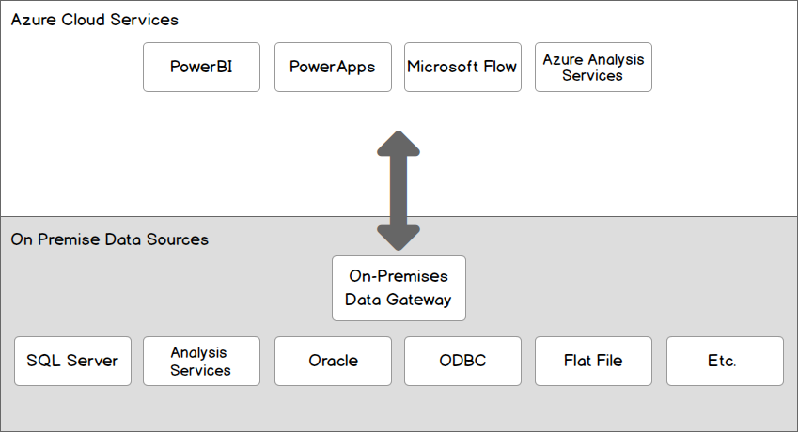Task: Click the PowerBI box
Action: (201, 67)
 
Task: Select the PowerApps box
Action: (333, 67)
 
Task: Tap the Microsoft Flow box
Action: (462, 67)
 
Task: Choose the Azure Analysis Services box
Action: (593, 67)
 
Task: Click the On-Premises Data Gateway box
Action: (399, 288)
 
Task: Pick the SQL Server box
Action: (72, 361)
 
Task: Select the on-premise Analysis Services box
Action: (200, 361)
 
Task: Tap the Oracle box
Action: (333, 361)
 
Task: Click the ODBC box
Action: (462, 361)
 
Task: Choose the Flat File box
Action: (593, 361)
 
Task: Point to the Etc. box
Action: (724, 361)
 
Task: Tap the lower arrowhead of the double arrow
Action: (399, 239)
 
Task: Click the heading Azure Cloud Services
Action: (94, 20)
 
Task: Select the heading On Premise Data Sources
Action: (109, 239)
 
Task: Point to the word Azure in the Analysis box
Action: (561, 59)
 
